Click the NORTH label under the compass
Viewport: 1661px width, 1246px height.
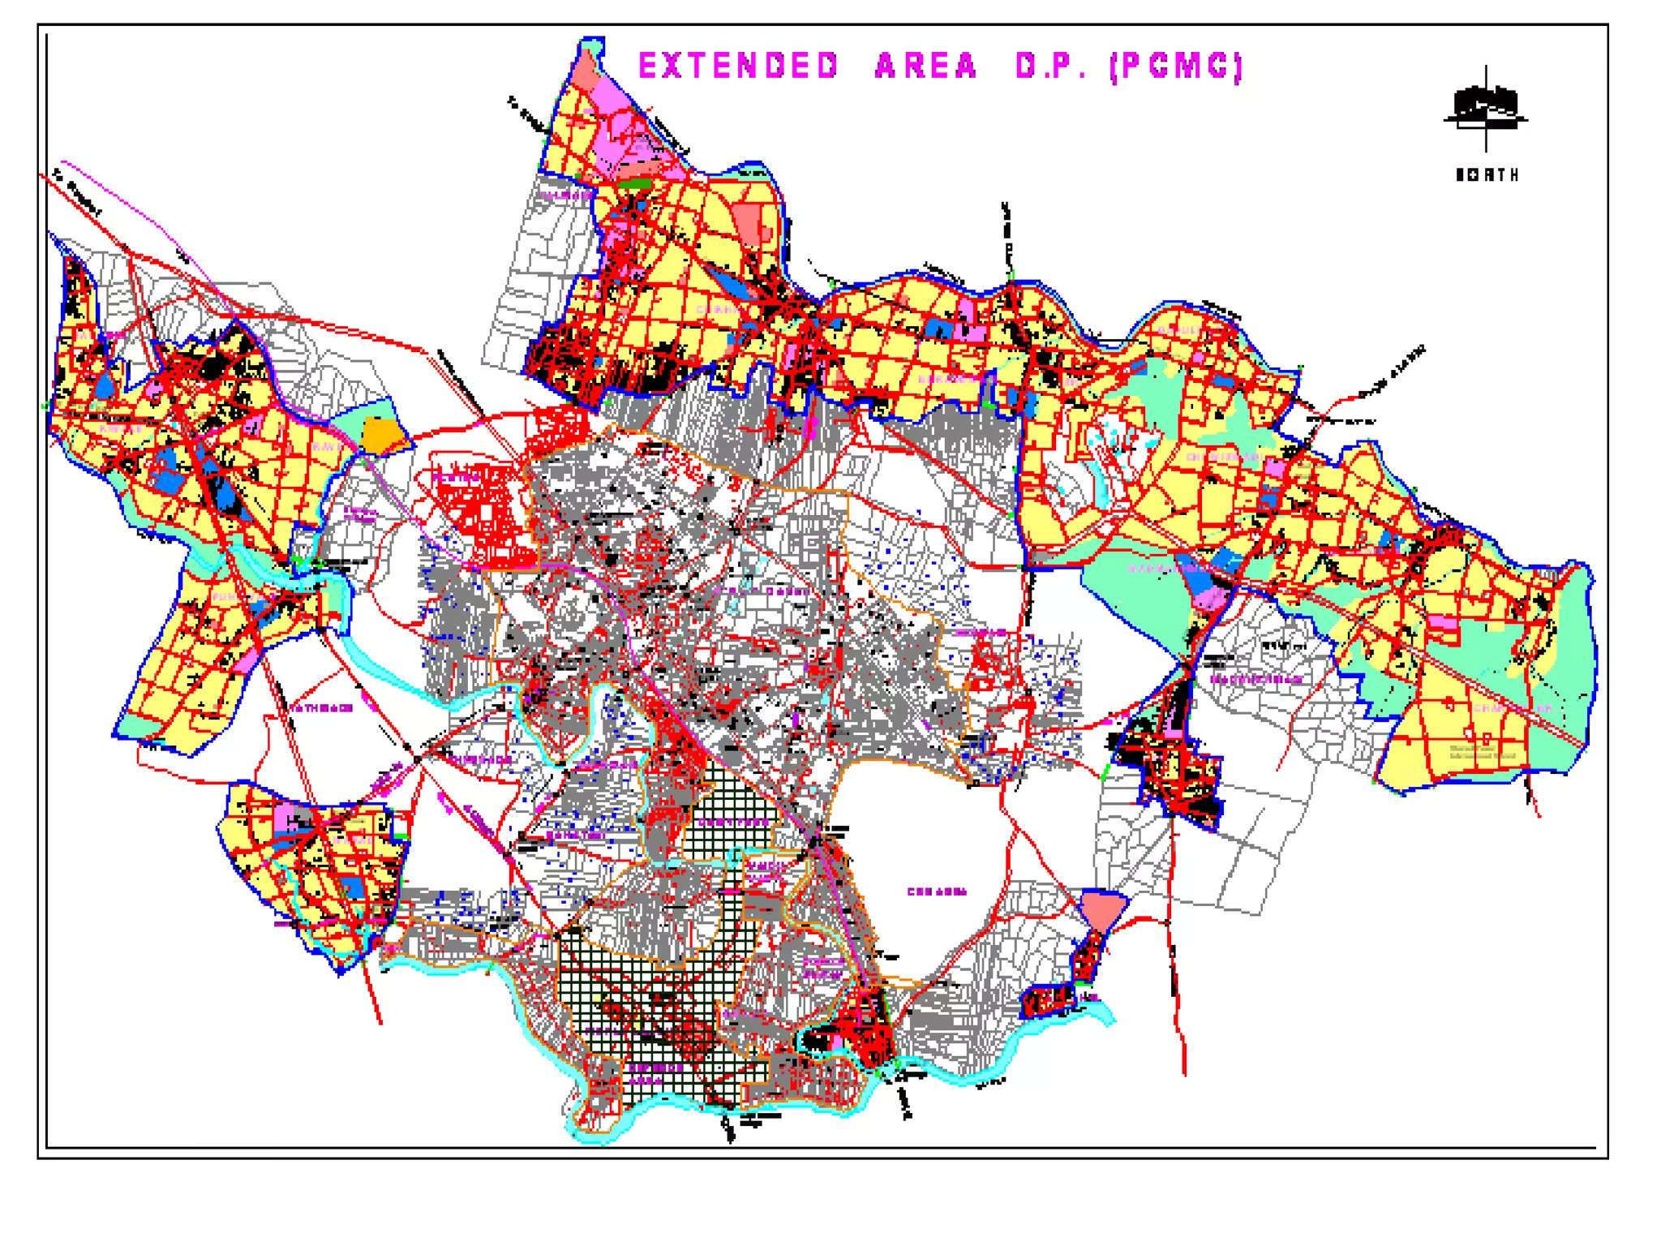[1487, 175]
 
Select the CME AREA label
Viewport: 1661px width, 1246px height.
[937, 892]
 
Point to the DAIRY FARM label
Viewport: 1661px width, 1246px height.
[734, 823]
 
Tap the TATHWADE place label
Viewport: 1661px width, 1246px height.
[322, 708]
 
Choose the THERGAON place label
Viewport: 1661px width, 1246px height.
[482, 760]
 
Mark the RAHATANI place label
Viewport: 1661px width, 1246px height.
[576, 836]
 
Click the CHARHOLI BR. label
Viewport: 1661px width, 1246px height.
[1513, 708]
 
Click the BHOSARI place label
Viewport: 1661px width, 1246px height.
[981, 633]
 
